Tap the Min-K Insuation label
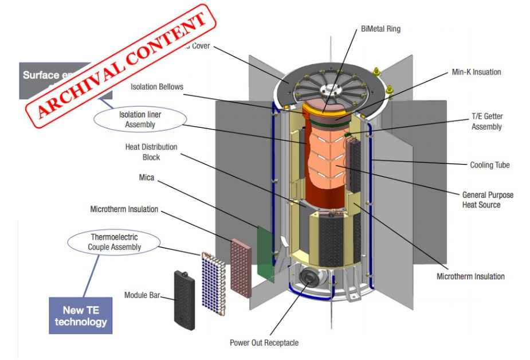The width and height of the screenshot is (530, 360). (x=475, y=72)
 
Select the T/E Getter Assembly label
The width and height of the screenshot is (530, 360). (x=486, y=122)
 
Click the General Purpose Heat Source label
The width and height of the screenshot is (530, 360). (x=488, y=199)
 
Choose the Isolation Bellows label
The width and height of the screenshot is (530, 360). (x=157, y=87)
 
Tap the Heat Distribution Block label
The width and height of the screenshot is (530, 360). (x=151, y=152)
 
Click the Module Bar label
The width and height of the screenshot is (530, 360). (x=141, y=296)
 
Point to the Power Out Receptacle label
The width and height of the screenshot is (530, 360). (x=264, y=343)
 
